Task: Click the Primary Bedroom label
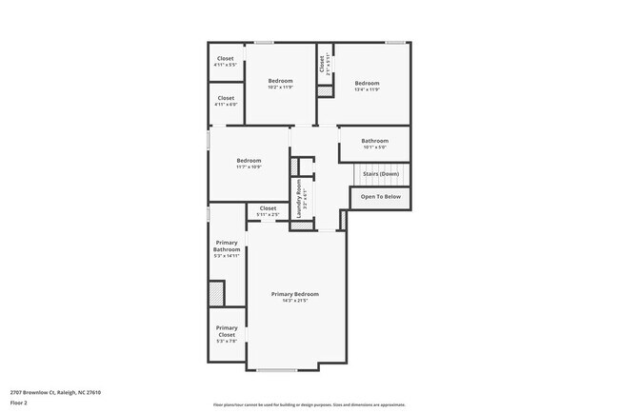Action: [294, 295]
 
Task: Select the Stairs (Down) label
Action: [381, 174]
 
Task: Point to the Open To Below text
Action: [381, 197]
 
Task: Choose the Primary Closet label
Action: [227, 331]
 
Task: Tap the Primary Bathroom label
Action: [227, 249]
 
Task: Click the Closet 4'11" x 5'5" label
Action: [226, 62]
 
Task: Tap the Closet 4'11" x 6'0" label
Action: [226, 101]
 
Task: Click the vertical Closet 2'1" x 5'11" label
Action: [323, 64]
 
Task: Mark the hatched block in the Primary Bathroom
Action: [217, 293]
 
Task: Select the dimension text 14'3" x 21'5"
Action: [294, 302]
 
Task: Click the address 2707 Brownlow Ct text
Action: [55, 392]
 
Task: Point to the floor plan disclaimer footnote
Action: [309, 403]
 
